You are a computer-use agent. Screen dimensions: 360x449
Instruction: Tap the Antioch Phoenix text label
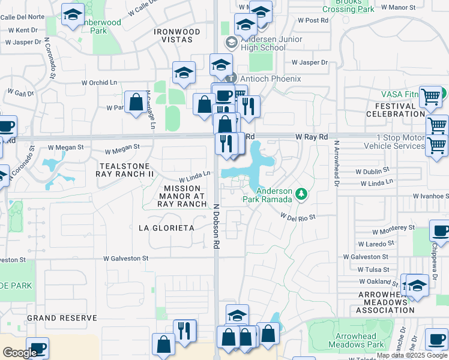click(x=270, y=79)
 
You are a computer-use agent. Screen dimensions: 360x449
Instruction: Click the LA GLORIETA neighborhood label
click(x=166, y=228)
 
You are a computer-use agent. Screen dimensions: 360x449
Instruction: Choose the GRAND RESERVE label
click(x=62, y=317)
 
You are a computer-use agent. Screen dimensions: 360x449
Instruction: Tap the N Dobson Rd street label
click(x=216, y=225)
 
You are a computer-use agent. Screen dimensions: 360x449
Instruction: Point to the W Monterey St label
click(x=393, y=229)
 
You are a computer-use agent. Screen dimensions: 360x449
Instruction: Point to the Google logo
click(x=19, y=353)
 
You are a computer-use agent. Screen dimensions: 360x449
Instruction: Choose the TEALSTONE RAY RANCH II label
click(x=125, y=170)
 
